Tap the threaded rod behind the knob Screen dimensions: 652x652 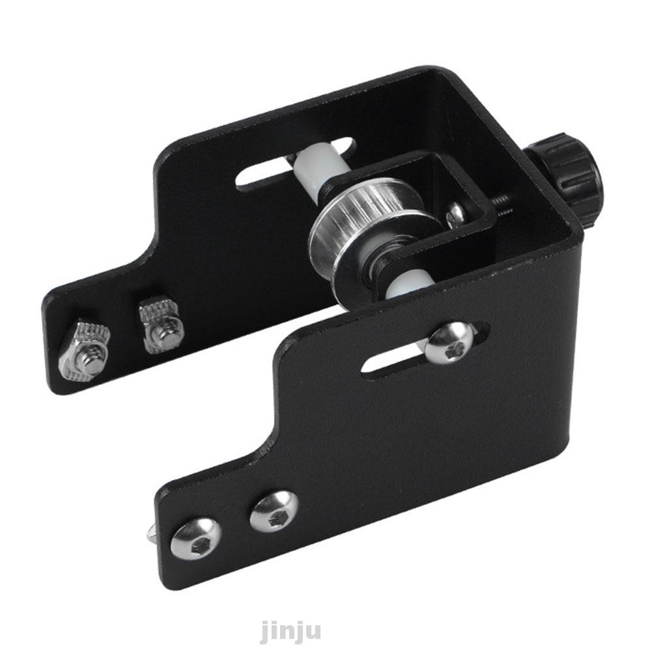pyautogui.click(x=509, y=206)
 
